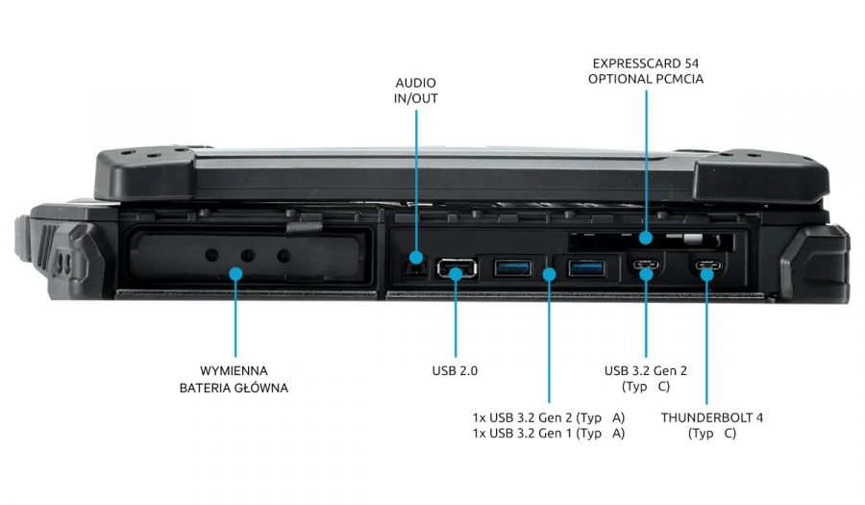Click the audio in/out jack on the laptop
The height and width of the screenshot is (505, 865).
[416, 258]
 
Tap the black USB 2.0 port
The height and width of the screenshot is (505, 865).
[456, 270]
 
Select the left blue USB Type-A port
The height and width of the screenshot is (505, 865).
[511, 266]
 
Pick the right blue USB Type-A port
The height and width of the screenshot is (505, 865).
[586, 266]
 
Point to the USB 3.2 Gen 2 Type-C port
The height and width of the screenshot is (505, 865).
[646, 267]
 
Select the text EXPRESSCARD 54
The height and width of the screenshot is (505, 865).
[645, 63]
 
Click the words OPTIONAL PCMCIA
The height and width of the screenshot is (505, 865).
[645, 79]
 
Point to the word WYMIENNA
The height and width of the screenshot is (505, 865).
[234, 370]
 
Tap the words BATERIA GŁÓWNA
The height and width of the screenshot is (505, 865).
[234, 388]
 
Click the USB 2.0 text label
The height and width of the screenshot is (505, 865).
[455, 370]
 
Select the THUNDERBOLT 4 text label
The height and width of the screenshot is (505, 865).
[711, 417]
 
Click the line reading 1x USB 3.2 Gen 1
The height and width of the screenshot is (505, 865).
[548, 434]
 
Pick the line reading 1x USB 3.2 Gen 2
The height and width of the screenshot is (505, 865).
[548, 417]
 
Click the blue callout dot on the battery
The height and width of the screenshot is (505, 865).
[234, 274]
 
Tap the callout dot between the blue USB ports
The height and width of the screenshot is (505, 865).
[549, 274]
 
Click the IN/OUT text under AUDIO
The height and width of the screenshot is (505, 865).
[416, 97]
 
